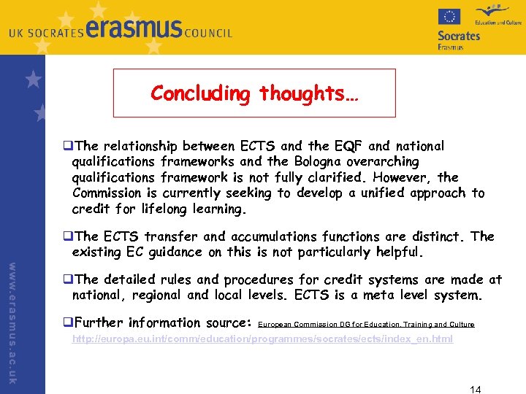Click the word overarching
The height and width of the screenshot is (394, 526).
click(x=384, y=161)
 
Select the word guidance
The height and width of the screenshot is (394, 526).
click(x=172, y=252)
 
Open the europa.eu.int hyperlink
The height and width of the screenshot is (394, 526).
click(x=262, y=339)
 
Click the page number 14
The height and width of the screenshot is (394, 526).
click(x=475, y=388)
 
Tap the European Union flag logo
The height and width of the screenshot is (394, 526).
click(x=449, y=17)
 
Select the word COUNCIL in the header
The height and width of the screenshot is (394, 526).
click(x=208, y=33)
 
